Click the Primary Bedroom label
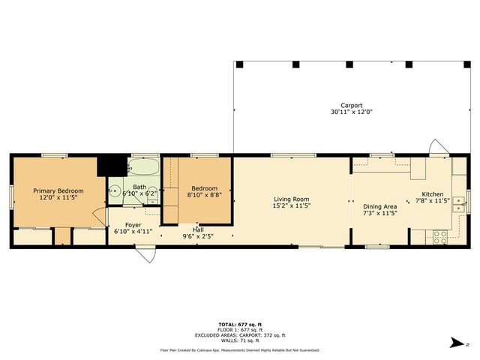[58, 191]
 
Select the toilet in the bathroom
[115, 190]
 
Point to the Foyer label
[133, 224]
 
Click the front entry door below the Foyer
[147, 254]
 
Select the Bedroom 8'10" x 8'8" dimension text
[204, 195]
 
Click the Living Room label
[291, 198]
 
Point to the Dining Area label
[379, 206]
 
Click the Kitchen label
[433, 193]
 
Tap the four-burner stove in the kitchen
[440, 236]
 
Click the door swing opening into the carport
[435, 146]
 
